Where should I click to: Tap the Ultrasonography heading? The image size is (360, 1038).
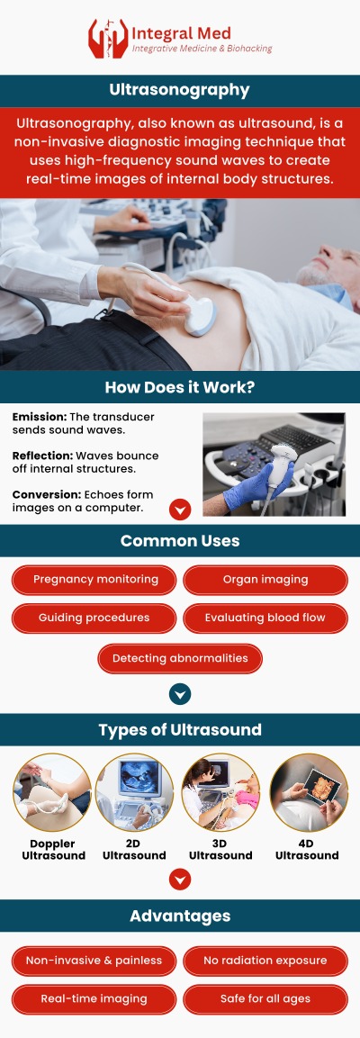[180, 91]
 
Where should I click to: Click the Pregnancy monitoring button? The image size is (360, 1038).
[95, 580]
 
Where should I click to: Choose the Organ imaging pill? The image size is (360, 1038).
[265, 580]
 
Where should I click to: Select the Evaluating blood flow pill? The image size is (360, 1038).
[265, 618]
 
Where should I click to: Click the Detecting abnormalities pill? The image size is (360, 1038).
[180, 658]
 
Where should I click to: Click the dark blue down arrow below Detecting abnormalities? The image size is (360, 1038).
[180, 693]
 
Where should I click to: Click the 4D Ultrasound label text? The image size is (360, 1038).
[307, 850]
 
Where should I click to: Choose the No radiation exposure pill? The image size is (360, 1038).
[265, 961]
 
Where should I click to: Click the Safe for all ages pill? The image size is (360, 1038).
[265, 999]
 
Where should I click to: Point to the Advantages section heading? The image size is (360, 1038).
[180, 916]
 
